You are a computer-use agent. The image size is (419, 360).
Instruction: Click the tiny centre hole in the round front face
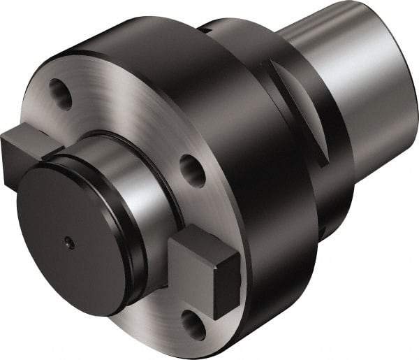68,242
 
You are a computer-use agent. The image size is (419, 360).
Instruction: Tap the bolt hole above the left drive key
61,94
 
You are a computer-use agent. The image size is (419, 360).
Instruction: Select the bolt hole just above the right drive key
193,171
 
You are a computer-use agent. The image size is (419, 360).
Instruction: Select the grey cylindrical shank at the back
349,77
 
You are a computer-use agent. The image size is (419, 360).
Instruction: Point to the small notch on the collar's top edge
204,29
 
